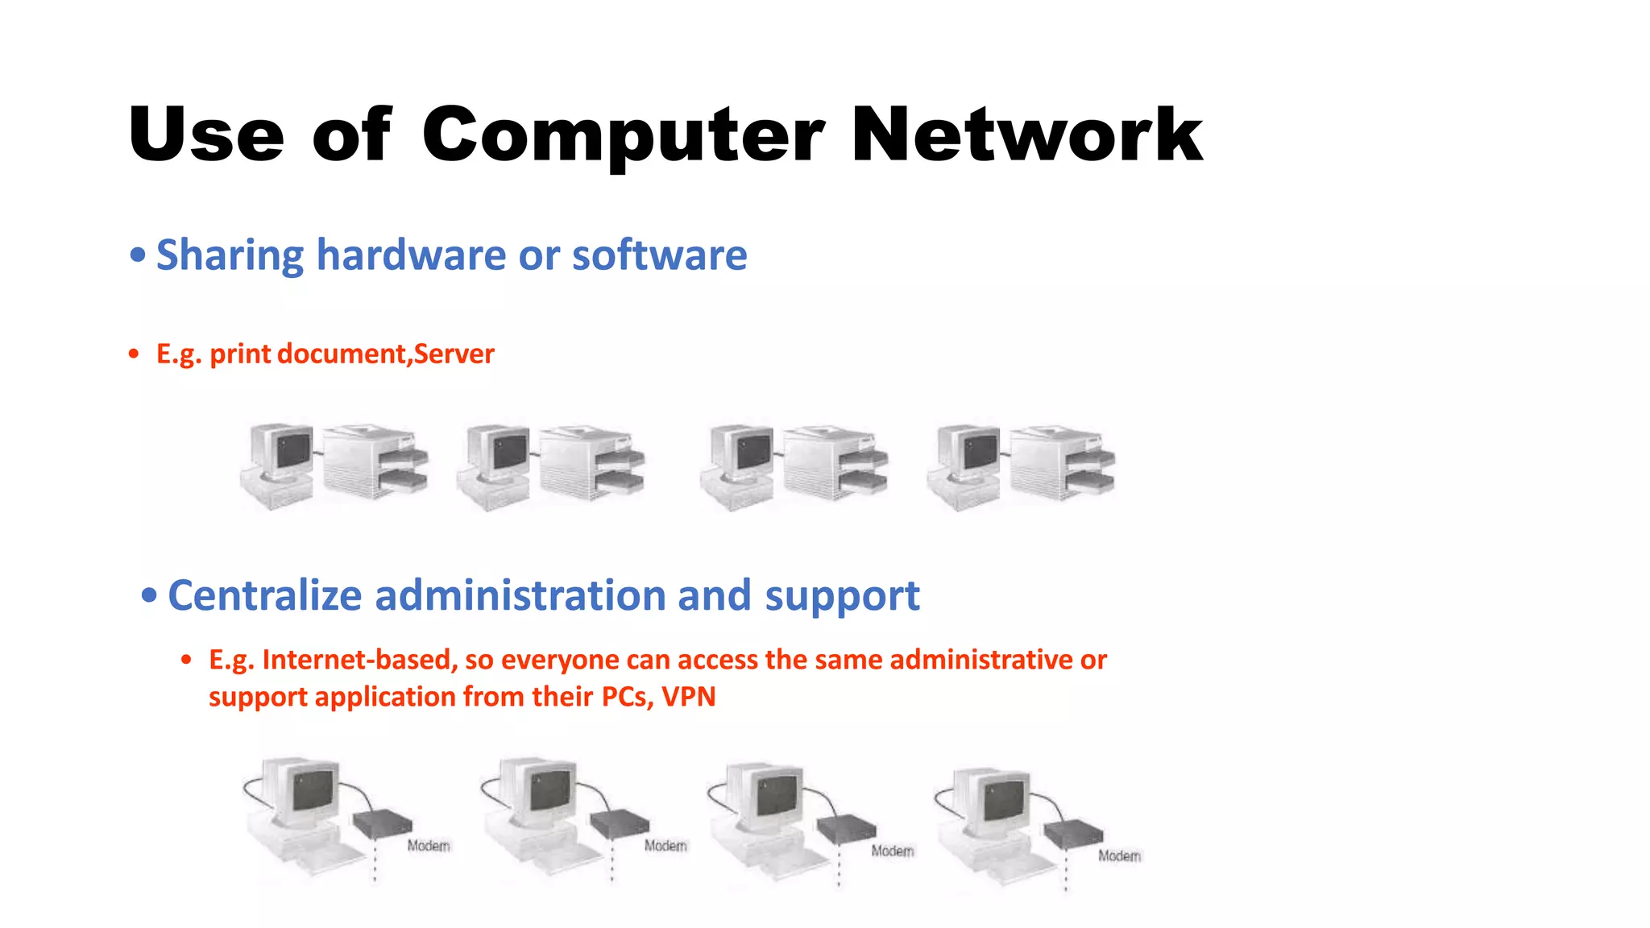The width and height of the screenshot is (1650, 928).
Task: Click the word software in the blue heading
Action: tap(659, 255)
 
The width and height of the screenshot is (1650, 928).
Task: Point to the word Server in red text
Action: tap(454, 354)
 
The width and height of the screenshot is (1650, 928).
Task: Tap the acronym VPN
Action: tap(688, 697)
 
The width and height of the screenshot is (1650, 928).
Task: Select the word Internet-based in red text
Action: tap(359, 660)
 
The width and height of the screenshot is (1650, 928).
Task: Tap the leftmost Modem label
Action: tap(428, 846)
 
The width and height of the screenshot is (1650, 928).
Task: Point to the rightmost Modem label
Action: tap(1119, 855)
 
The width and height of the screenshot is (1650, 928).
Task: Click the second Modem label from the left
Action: tap(665, 846)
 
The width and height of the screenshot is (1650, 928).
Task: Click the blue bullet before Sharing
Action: tap(138, 255)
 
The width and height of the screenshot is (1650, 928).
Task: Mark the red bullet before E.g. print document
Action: tap(134, 354)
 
